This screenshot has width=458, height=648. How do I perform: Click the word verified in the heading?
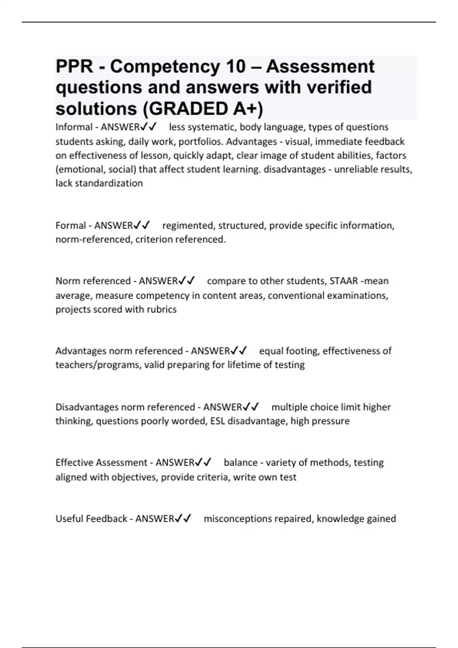tap(339, 87)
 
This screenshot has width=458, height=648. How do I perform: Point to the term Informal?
tap(74, 127)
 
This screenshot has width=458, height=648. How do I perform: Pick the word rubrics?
tap(161, 309)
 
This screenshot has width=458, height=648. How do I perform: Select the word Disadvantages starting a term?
tap(87, 407)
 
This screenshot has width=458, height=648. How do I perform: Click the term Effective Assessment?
tap(101, 462)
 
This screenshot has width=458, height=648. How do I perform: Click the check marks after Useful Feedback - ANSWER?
tap(183, 518)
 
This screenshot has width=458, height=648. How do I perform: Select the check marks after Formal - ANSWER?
tap(142, 225)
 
